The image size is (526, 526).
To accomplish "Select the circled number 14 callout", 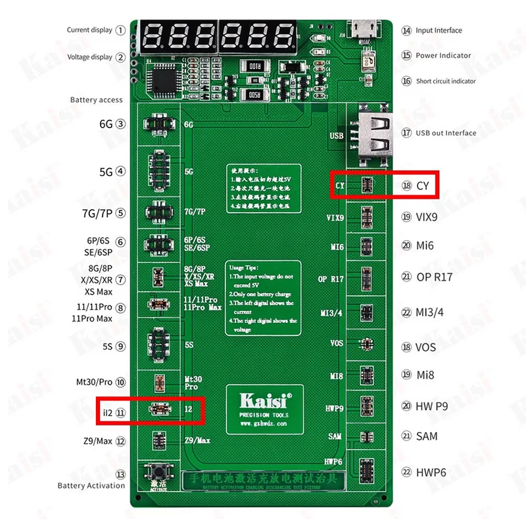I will pos(406,30).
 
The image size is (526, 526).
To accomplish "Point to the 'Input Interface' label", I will pos(439,30).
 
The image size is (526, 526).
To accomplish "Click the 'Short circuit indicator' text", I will pos(446,82).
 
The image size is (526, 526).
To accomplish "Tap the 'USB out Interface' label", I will pos(446,133).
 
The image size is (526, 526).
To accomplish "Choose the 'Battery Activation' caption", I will pos(91,485).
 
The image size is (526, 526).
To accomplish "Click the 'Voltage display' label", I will pos(89,57).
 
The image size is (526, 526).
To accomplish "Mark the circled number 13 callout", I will pos(120,474).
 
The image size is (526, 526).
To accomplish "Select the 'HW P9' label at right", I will pos(432,406).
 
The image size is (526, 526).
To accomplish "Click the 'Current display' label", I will pos(89,30).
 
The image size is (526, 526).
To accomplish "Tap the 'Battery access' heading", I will pos(97,100).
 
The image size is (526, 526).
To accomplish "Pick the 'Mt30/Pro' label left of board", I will pos(95,382).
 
